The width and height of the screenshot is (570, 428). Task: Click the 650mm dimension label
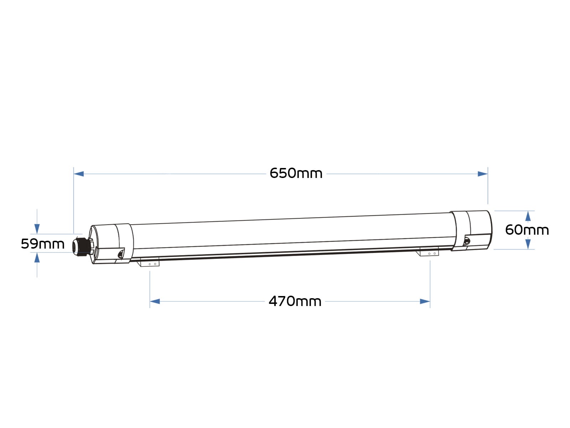(x=296, y=173)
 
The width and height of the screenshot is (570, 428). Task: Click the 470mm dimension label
(x=295, y=301)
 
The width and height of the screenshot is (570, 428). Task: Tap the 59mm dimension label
(x=43, y=244)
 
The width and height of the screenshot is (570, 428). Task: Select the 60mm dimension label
(x=527, y=230)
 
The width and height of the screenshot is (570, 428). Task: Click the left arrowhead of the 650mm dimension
(x=79, y=174)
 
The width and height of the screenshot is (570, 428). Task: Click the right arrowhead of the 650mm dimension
(x=482, y=174)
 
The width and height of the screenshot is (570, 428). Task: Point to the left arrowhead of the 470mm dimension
(x=155, y=301)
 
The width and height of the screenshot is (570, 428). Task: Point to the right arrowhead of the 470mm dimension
(x=425, y=301)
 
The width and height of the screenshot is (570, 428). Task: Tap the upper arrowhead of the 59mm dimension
(x=37, y=229)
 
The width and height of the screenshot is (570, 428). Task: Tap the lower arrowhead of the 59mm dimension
(x=37, y=258)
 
